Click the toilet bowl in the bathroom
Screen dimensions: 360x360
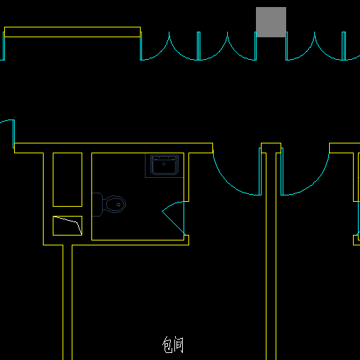tap(114, 204)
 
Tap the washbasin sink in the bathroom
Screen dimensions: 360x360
tap(165, 165)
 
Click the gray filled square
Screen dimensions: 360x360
tap(271, 22)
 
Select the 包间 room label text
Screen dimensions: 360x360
tap(173, 345)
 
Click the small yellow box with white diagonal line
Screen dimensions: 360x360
tap(67, 226)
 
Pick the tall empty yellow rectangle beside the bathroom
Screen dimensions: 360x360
tap(67, 179)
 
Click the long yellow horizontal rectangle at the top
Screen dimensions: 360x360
tap(72, 32)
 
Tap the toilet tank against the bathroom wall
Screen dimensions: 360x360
tap(97, 205)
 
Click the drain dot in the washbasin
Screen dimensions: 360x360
tap(164, 164)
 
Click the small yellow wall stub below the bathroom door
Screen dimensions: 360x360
tap(186, 240)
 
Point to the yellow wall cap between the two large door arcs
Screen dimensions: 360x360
tap(271, 148)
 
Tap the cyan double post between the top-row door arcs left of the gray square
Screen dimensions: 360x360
tap(198, 46)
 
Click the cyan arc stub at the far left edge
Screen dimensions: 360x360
tap(7, 121)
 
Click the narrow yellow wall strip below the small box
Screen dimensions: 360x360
tap(67, 302)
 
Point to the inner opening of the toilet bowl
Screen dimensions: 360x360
tap(115, 205)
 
